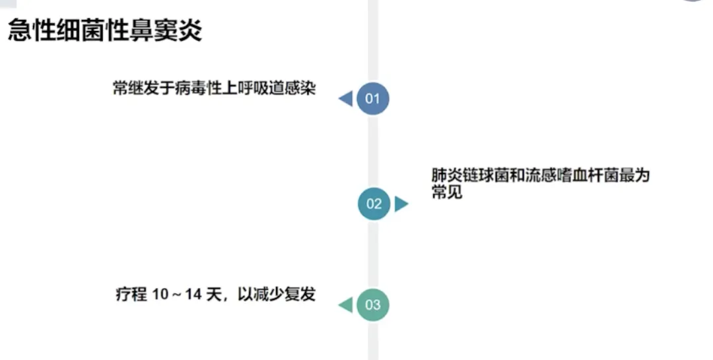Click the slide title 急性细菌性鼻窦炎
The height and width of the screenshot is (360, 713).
point(105,30)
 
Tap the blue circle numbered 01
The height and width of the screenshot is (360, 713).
point(373,99)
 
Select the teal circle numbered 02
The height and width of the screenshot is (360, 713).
point(374,203)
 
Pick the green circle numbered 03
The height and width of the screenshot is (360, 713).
point(373,305)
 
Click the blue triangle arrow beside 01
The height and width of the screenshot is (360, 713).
point(345,99)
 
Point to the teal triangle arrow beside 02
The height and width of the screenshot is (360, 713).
point(401,203)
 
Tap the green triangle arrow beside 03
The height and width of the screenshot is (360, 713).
point(345,305)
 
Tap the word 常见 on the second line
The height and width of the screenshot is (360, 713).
point(446,193)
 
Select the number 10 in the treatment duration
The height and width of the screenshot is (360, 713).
point(160,295)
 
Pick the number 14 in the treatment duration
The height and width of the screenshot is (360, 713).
point(192,295)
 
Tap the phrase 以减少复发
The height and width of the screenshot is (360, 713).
point(275,294)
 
